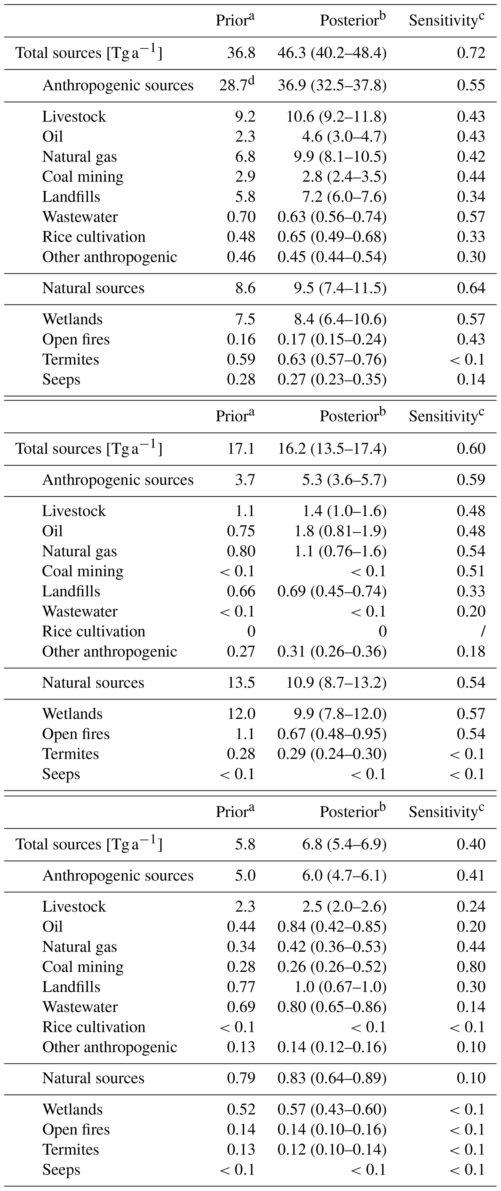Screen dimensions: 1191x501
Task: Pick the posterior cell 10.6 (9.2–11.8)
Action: (x=336, y=117)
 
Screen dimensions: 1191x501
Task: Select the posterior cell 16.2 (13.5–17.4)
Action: (x=332, y=449)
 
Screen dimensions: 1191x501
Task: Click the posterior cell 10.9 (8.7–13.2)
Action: (x=336, y=683)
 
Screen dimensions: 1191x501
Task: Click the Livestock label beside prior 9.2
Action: (x=74, y=117)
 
